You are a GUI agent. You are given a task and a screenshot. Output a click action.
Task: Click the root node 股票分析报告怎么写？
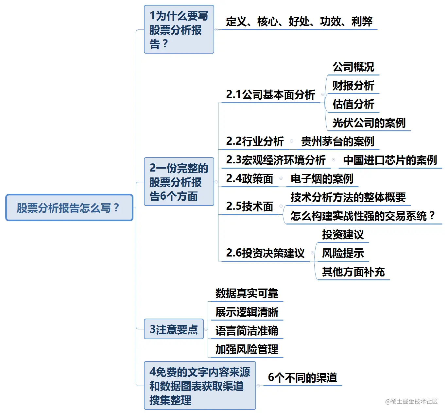69,207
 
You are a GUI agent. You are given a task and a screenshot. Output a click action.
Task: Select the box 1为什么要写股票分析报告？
179,29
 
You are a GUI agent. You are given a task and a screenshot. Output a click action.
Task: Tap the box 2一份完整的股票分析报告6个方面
179,181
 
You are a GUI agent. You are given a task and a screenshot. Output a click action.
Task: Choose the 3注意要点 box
174,329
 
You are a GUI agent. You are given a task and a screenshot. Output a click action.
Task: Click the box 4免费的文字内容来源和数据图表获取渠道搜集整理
200,386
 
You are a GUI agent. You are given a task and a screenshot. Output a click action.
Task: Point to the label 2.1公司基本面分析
270,94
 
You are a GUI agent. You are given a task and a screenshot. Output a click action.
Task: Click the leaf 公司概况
353,67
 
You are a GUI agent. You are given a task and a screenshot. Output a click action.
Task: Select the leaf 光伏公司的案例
369,123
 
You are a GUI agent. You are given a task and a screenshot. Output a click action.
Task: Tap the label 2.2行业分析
255,141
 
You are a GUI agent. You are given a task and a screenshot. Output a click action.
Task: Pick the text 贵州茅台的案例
338,141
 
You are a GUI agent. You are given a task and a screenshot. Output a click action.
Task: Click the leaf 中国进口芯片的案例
390,160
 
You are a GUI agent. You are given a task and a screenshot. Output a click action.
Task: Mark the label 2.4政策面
250,178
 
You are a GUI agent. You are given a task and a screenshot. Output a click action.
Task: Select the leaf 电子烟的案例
322,178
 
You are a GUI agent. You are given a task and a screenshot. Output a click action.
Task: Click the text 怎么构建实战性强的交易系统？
363,216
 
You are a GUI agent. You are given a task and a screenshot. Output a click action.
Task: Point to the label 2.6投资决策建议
265,253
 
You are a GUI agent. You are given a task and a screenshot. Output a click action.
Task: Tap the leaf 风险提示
343,253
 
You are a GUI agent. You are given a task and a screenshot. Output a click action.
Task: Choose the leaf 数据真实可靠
247,293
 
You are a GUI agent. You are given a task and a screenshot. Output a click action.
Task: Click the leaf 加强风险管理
247,349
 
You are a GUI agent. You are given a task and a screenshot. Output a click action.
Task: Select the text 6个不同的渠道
302,377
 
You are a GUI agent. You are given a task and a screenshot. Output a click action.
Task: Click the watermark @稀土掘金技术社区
411,401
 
